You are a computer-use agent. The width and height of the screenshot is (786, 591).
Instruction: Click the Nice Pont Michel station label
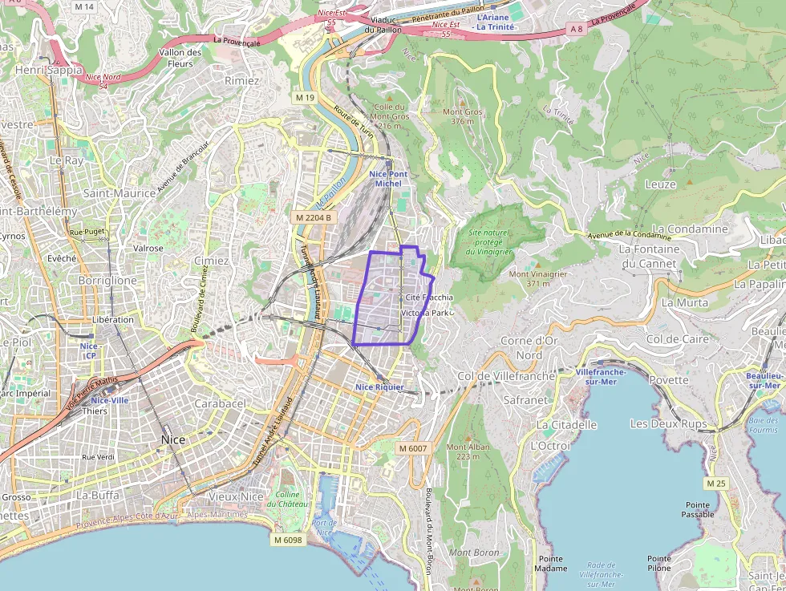388,179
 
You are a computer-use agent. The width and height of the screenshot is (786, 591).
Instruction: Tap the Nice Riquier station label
380,387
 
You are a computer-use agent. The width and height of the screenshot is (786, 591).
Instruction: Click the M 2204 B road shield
313,217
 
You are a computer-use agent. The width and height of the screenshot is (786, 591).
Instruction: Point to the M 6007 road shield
413,448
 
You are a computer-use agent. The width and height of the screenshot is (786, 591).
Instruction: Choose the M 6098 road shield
287,540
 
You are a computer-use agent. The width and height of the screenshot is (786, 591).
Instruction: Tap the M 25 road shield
715,484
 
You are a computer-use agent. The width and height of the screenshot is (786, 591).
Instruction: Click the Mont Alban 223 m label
468,451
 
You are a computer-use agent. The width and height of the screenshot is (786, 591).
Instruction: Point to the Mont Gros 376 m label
467,117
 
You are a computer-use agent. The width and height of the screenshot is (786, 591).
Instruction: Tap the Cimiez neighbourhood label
211,261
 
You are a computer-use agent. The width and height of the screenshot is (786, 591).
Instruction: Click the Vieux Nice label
236,496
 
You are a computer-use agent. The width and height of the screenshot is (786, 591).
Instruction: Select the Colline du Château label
283,499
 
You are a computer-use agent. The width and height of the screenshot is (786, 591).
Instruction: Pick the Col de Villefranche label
495,376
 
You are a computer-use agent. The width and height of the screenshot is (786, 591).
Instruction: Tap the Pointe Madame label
551,564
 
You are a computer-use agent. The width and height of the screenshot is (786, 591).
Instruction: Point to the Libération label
113,319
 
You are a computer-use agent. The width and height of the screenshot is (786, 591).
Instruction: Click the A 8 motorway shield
575,29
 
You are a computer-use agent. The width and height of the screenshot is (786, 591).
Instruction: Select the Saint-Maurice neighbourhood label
120,193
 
